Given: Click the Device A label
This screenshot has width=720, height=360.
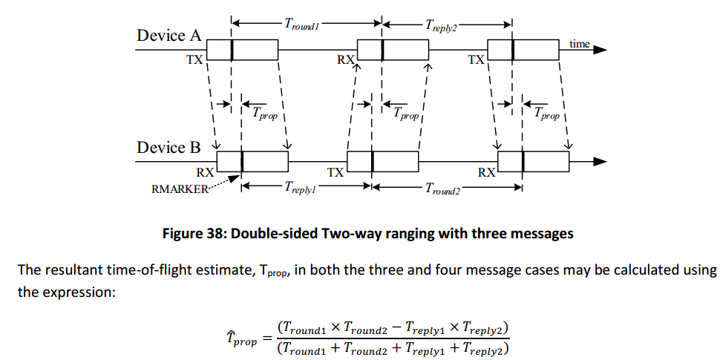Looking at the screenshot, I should [x=168, y=36].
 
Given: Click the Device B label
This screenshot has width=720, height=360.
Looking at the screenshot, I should [x=168, y=147].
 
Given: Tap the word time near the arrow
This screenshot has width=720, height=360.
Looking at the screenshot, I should [x=580, y=44].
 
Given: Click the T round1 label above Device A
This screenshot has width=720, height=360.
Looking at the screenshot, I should [x=301, y=24].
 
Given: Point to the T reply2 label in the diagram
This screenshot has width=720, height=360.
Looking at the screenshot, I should [x=441, y=24].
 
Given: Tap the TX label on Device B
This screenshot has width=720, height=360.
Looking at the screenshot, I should [x=336, y=172].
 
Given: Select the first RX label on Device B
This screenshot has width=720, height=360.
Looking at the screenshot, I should [x=205, y=172].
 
